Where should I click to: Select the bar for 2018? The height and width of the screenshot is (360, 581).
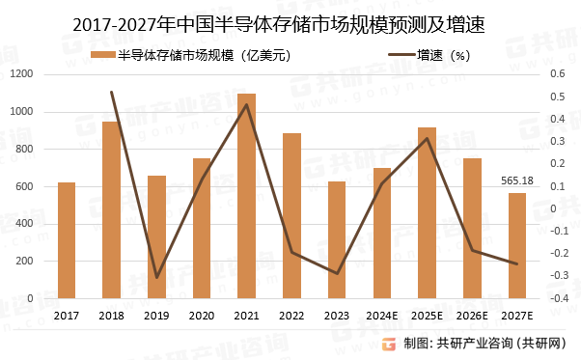tap(111, 209)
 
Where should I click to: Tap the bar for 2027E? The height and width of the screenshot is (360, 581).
tap(517, 245)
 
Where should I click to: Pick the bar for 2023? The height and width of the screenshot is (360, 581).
tap(337, 239)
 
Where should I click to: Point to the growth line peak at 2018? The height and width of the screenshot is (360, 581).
tap(111, 93)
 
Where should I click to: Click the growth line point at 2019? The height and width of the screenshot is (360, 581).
tap(156, 278)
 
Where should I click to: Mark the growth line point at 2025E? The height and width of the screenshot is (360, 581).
tap(428, 138)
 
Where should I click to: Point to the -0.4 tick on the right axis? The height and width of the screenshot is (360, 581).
tap(557, 298)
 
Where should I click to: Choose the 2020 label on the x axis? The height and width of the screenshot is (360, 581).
tap(202, 316)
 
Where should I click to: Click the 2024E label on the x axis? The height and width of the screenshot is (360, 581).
tap(382, 316)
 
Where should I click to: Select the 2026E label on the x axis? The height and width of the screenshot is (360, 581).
tap(472, 316)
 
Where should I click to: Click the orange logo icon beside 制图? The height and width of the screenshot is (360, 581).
tap(388, 343)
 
